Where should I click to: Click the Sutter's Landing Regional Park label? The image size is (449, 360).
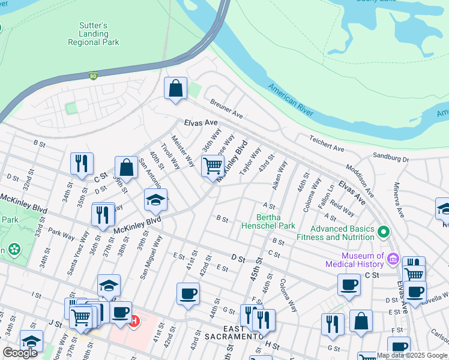tap(93, 34)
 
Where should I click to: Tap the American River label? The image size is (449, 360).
tap(291, 98)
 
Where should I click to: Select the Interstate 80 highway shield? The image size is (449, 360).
tap(92, 76)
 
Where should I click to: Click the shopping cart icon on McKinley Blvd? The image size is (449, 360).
tap(212, 166)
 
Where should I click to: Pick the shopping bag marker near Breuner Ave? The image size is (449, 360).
tap(175, 89)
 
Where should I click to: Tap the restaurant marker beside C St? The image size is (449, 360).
tap(82, 163)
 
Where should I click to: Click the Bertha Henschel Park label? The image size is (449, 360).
tap(268, 221)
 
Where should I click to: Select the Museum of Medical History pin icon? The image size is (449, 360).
tap(393, 259)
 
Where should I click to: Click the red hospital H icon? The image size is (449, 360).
tap(136, 322)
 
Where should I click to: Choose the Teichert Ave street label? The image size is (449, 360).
tap(327, 143)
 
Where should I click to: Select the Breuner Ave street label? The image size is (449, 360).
tap(226, 109)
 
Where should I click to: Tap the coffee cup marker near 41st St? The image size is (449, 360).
tap(188, 293)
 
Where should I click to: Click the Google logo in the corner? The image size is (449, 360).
tap(20, 353)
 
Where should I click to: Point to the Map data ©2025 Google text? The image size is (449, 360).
tap(412, 355)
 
